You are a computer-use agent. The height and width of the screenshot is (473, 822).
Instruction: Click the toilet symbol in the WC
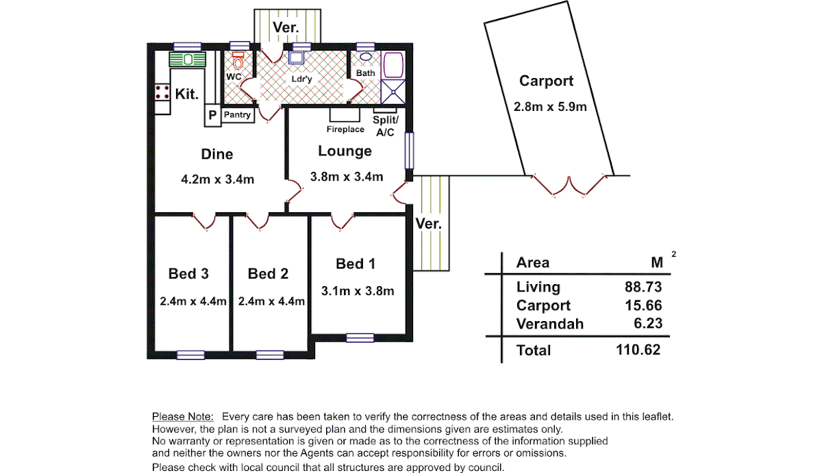click(238, 60)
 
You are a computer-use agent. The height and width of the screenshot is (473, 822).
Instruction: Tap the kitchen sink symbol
click(188, 60)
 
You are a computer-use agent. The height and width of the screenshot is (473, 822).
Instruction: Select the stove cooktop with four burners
click(162, 92)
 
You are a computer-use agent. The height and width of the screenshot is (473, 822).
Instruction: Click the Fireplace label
click(345, 129)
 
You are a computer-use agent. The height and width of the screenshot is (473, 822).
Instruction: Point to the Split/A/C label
click(385, 126)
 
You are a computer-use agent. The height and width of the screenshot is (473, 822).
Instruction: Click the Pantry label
click(237, 115)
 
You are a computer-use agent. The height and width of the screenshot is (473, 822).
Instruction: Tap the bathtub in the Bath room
click(393, 65)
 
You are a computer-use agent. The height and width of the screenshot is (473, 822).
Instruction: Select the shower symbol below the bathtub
click(393, 92)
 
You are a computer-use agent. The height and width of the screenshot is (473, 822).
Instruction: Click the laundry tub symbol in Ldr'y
click(296, 58)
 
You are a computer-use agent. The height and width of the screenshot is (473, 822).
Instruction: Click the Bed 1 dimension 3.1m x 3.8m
click(358, 291)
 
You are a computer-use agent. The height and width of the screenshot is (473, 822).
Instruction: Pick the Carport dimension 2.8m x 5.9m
click(550, 107)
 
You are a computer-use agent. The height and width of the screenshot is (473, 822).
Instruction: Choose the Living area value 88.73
click(643, 287)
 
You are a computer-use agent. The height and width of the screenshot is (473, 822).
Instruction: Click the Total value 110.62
click(638, 350)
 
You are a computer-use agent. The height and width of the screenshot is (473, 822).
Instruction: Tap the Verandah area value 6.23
click(648, 323)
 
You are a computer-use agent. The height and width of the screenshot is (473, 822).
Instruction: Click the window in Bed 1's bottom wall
click(360, 337)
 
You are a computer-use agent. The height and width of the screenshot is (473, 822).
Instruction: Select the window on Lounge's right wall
click(409, 151)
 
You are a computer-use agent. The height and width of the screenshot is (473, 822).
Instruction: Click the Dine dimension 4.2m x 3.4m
click(218, 179)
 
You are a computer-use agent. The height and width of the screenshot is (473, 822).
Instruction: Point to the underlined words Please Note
click(183, 417)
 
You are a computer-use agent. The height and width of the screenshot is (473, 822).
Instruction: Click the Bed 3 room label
click(188, 274)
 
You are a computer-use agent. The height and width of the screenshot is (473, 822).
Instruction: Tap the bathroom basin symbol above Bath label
click(366, 57)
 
